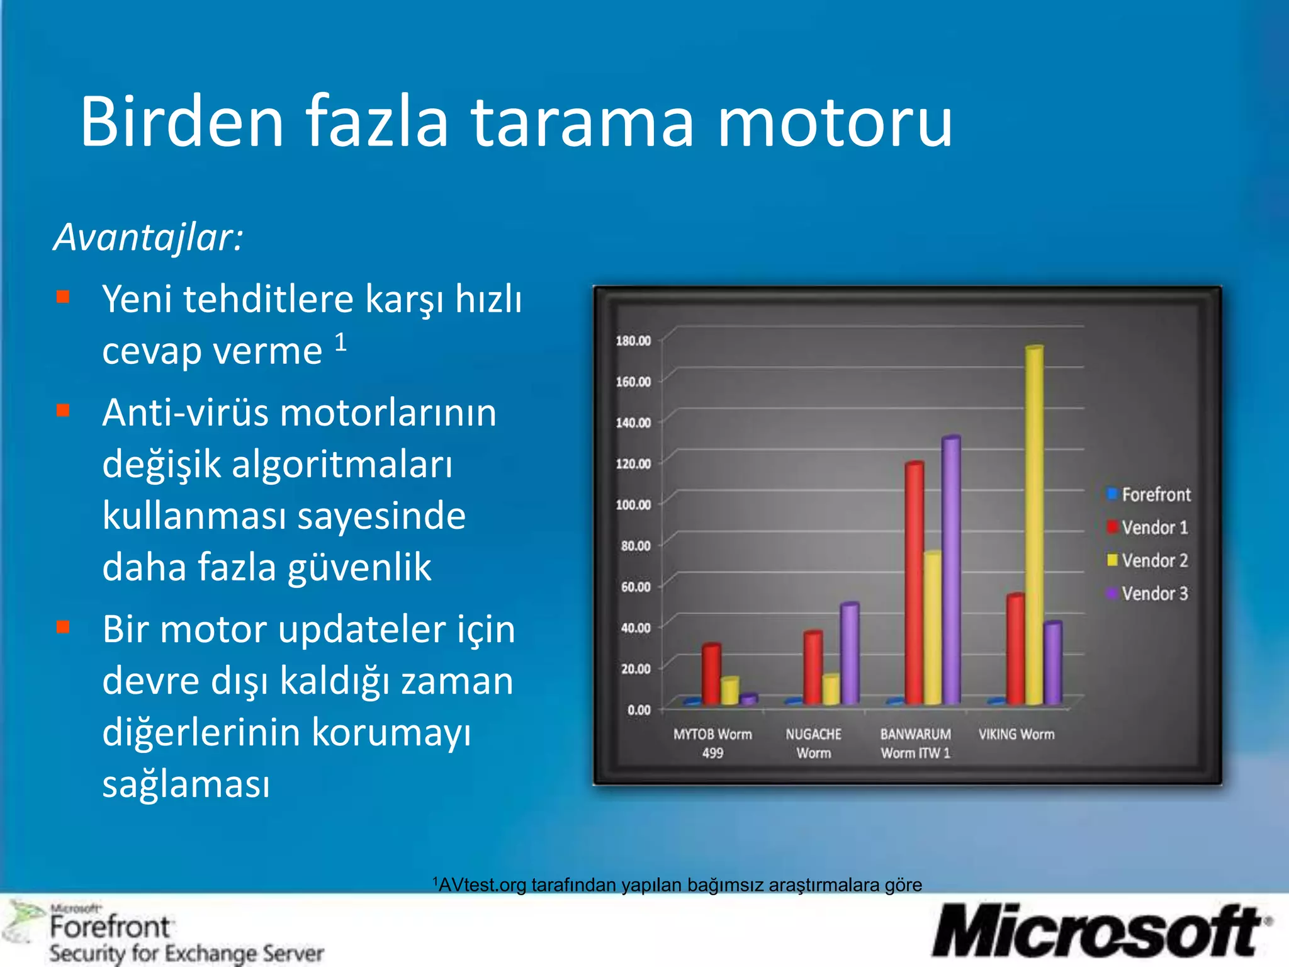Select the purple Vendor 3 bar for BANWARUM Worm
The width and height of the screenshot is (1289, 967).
(951, 570)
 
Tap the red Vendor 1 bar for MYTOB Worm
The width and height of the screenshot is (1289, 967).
(711, 674)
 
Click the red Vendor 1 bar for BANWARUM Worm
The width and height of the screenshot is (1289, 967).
(914, 582)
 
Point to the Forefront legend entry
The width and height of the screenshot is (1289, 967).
(1149, 495)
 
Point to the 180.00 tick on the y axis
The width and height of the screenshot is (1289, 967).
(633, 341)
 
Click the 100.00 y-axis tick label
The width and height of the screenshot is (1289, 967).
(633, 505)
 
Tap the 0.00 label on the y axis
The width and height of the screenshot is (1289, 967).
(638, 710)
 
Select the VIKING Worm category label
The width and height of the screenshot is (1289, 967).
(1016, 734)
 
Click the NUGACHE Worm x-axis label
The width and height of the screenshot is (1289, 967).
(813, 743)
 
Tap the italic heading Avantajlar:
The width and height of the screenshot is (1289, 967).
(149, 238)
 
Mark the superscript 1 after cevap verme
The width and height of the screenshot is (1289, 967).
(341, 342)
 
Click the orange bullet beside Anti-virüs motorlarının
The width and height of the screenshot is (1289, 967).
(63, 410)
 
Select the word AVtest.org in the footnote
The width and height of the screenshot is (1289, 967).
(482, 885)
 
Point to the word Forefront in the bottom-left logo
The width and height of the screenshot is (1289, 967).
(110, 927)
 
